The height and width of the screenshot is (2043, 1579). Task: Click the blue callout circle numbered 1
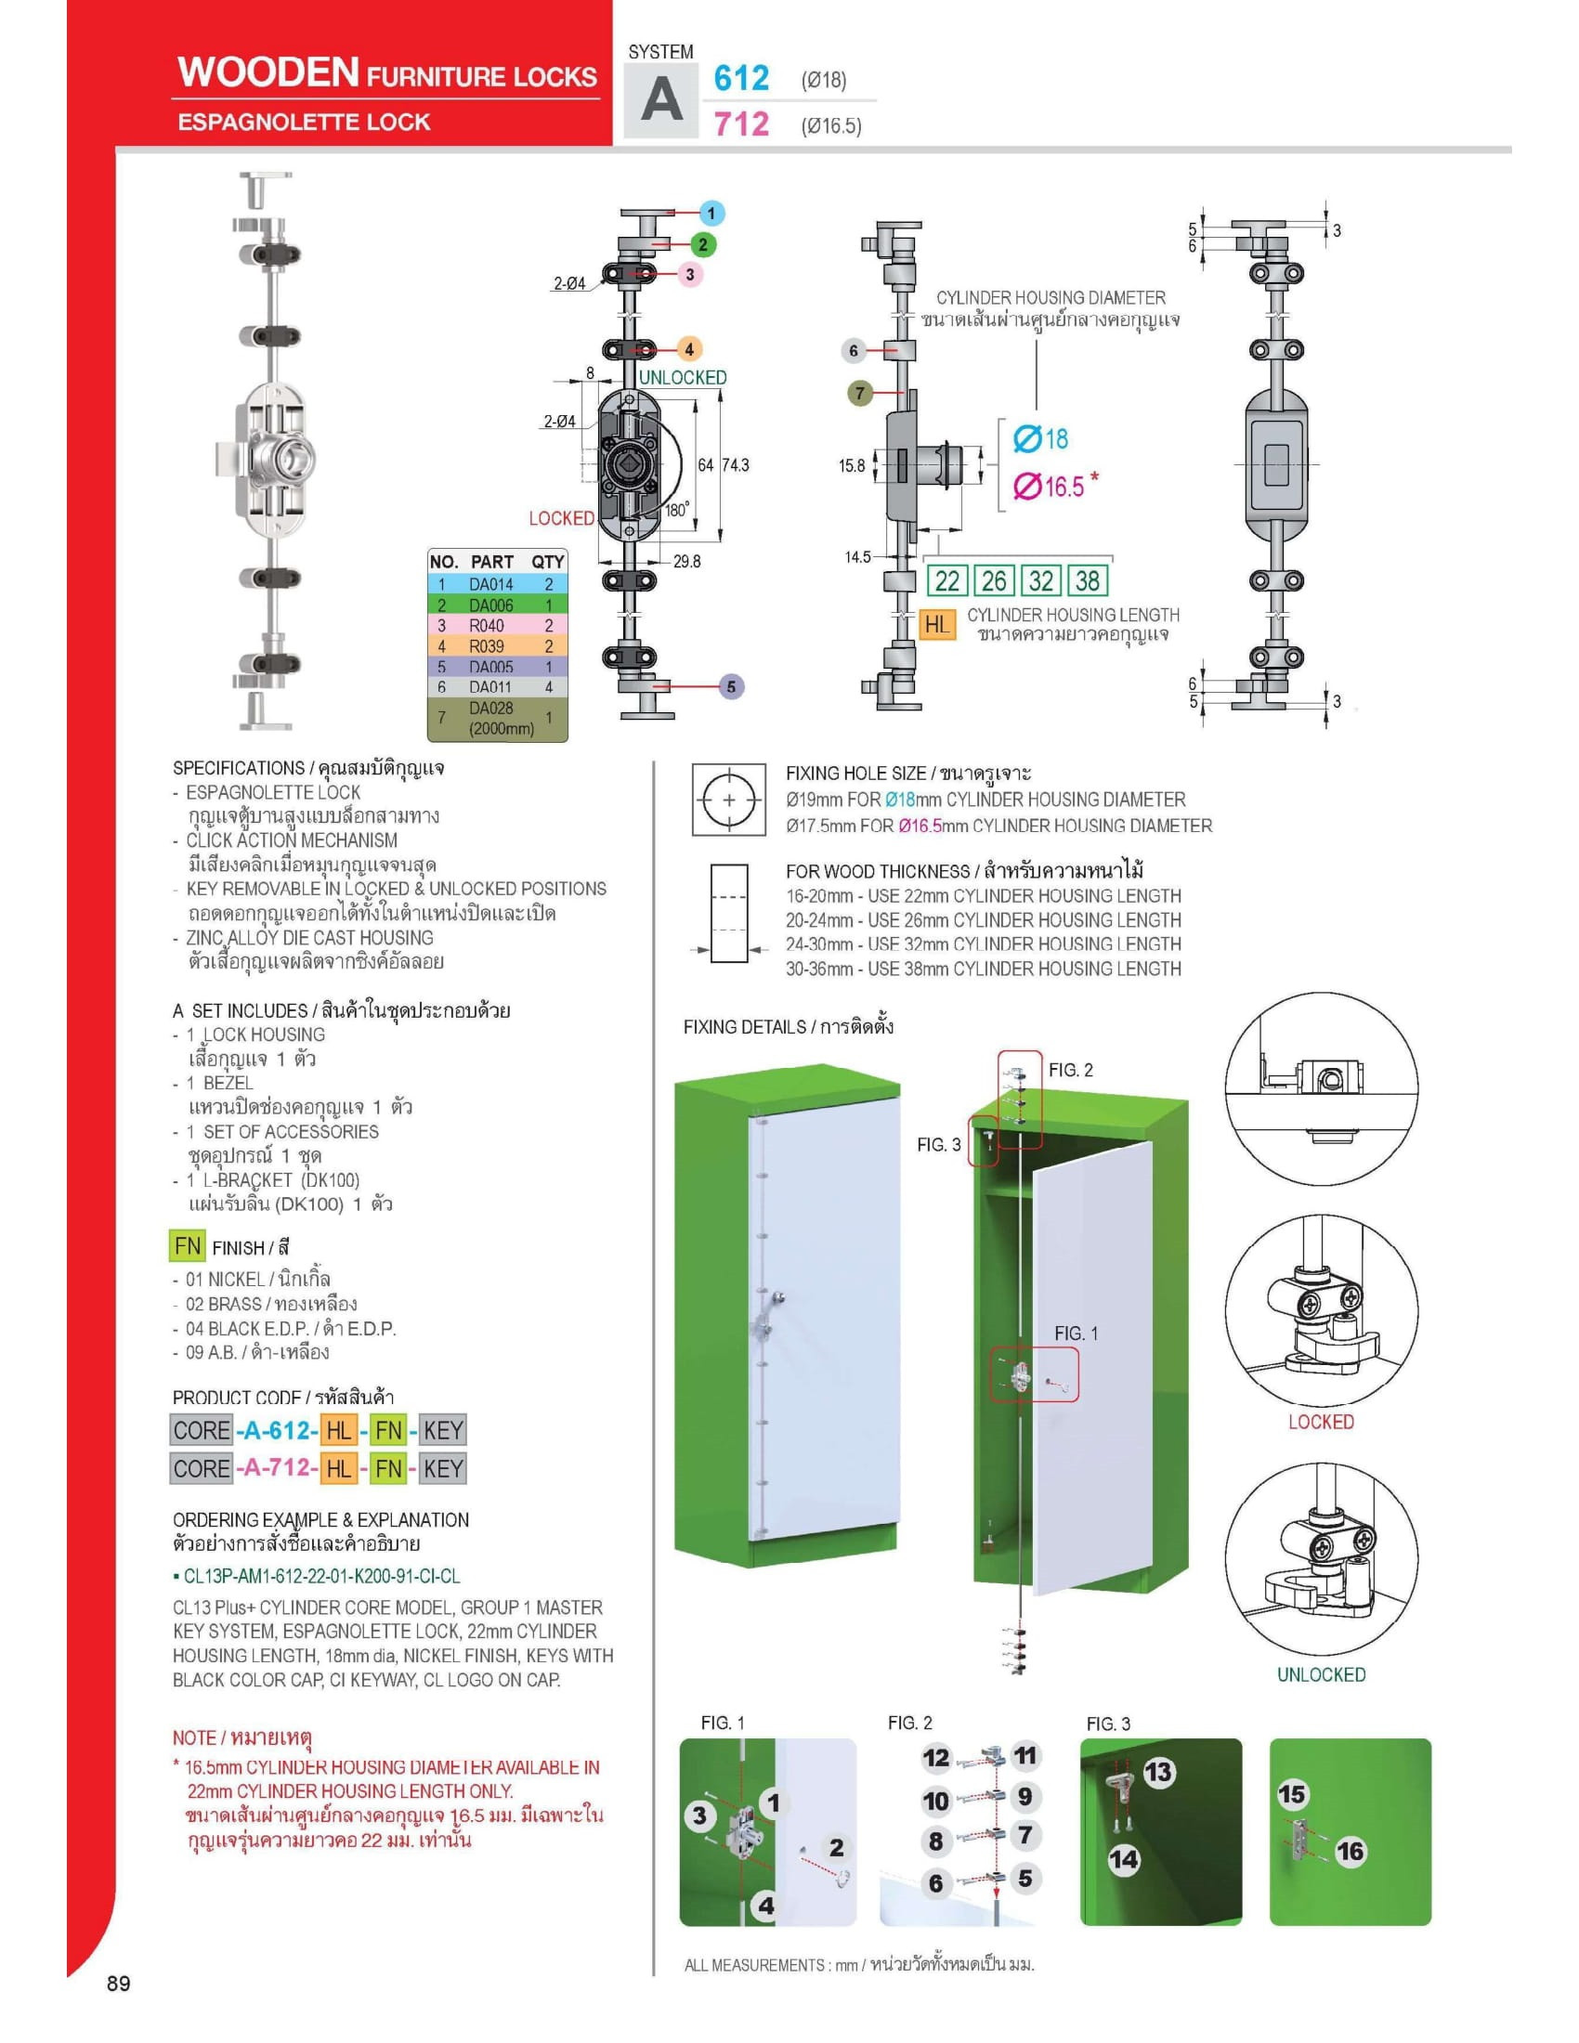(711, 214)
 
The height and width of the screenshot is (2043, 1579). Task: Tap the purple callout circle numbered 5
(732, 686)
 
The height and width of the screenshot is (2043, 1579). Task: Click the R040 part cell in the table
(487, 626)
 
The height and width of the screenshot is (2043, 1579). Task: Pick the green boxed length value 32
(1040, 581)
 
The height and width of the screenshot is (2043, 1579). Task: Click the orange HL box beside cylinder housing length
(936, 624)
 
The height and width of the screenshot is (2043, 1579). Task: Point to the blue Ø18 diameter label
(1040, 438)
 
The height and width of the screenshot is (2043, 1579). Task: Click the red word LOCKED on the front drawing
(561, 518)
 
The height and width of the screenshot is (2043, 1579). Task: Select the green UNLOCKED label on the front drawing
(682, 378)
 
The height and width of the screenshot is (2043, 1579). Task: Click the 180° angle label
(677, 511)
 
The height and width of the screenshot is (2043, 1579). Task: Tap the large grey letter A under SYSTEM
(661, 99)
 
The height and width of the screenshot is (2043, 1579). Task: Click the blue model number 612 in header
(741, 78)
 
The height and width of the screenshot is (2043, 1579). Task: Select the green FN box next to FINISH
(187, 1246)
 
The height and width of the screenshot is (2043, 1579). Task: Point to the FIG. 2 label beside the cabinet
(1070, 1070)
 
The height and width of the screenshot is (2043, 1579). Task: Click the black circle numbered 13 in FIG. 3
(1158, 1772)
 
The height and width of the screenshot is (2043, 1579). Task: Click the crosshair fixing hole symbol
(729, 800)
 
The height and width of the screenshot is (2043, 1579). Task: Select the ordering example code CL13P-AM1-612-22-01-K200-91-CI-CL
(320, 1576)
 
